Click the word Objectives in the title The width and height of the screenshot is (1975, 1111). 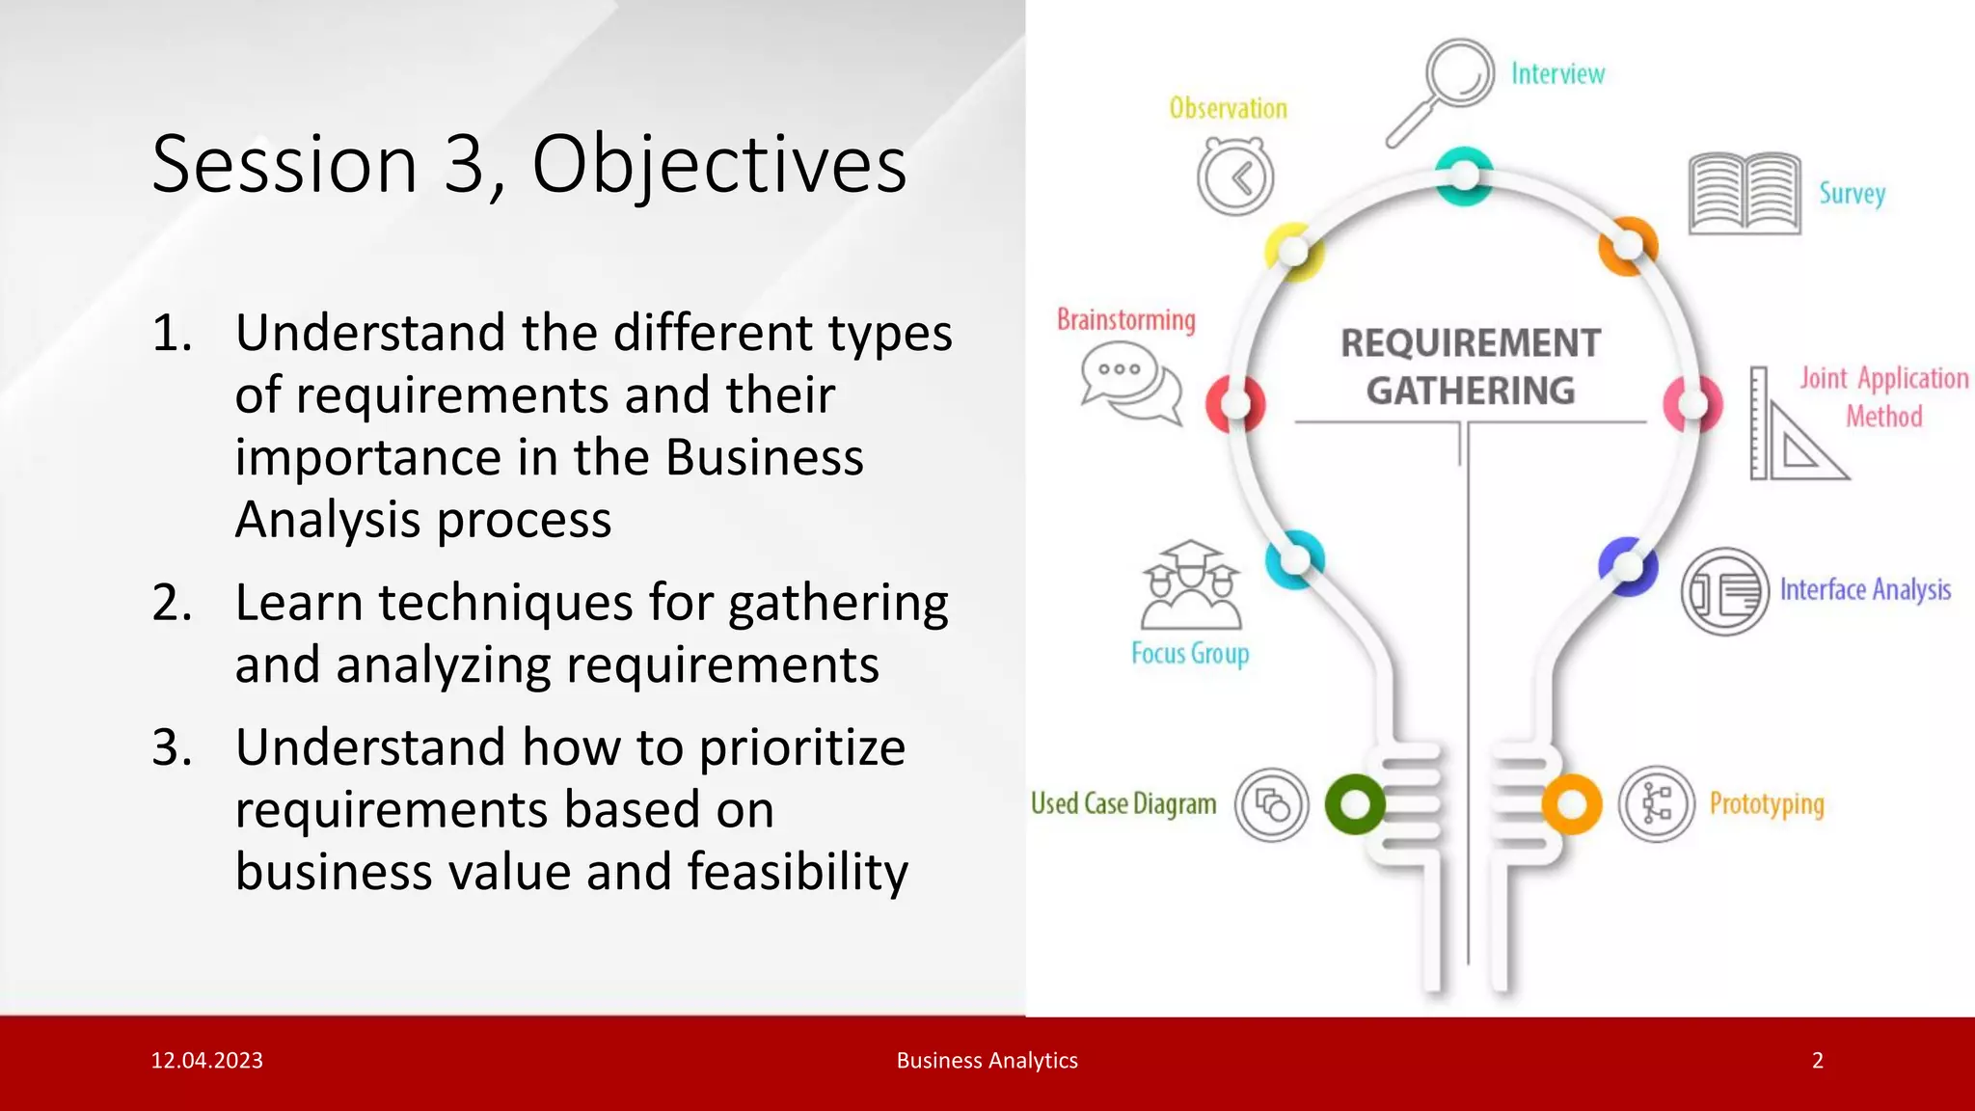coord(718,164)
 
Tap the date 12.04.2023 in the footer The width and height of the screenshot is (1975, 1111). coord(206,1061)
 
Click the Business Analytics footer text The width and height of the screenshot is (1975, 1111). coord(987,1061)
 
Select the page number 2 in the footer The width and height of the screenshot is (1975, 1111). coord(1817,1061)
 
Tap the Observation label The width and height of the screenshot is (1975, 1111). coord(1228,108)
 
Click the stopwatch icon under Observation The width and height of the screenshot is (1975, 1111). coord(1235,176)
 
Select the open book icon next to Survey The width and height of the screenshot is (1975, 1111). coord(1745,194)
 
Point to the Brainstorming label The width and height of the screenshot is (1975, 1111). coord(1125,319)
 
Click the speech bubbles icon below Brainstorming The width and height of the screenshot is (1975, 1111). coord(1131,382)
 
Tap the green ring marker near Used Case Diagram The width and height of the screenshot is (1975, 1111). coord(1354,803)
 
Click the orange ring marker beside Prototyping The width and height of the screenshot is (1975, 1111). coord(1571,803)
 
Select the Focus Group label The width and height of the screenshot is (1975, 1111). coord(1189,654)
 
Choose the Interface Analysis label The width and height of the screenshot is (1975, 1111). coord(1864,589)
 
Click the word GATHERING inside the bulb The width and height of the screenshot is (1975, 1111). coord(1470,391)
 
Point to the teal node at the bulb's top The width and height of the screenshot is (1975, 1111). coord(1464,176)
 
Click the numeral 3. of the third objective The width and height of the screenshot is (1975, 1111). coord(173,747)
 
